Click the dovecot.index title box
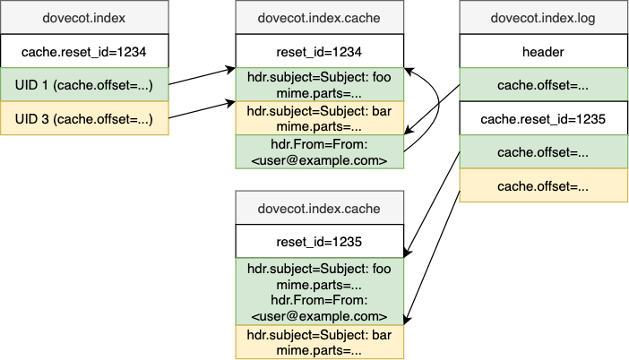point(84,18)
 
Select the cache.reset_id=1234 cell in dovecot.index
point(84,51)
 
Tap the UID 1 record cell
point(84,85)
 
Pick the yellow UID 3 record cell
point(84,119)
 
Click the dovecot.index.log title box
point(544,18)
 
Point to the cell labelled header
point(544,51)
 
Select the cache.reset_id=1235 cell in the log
point(544,118)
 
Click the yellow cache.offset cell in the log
point(544,185)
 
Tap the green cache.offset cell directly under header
point(544,85)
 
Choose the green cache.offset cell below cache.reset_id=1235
point(544,152)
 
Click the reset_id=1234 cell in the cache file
point(319,51)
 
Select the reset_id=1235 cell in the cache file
point(319,241)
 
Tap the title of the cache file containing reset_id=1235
point(319,208)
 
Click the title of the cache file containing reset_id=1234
point(319,18)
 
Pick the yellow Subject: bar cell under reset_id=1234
point(319,119)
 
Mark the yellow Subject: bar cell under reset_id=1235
point(319,342)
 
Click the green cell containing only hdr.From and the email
point(319,152)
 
